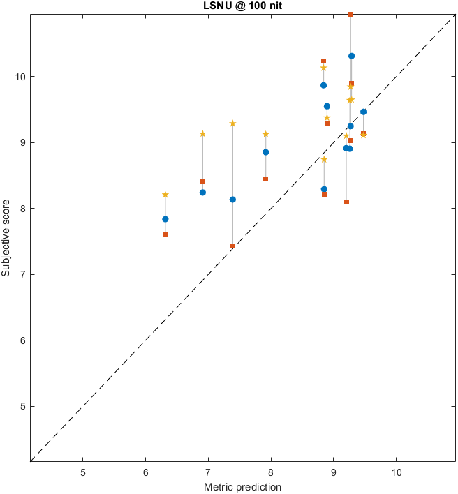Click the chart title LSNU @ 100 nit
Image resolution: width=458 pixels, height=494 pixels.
242,6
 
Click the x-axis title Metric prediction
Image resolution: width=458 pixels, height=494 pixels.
242,486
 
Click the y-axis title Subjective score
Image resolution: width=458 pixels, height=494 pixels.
6,238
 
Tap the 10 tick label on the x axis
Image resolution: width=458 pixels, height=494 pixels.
396,471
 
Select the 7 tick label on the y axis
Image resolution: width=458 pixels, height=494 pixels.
21,274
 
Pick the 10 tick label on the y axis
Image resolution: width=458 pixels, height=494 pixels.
19,76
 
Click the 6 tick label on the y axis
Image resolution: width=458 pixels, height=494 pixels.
21,340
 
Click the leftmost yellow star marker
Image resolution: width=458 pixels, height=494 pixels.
165,195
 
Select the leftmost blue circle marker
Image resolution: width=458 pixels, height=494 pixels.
165,219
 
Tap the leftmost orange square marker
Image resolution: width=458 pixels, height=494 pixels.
165,234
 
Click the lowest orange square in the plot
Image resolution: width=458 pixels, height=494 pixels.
232,246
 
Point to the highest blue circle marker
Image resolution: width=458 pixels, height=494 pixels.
351,56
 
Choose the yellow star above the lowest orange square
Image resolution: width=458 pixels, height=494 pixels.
232,123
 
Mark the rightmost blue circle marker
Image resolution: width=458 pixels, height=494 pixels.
363,112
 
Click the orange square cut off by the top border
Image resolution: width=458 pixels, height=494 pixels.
350,14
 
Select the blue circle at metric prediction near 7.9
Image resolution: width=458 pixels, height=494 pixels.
265,152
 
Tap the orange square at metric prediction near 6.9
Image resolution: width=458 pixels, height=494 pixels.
202,181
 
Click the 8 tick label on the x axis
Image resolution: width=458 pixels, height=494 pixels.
271,471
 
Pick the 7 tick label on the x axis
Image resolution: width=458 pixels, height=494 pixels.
208,471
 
